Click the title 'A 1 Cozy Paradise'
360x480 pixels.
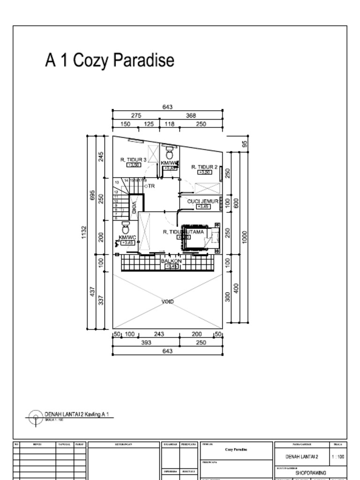110,60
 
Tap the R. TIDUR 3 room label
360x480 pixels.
134,160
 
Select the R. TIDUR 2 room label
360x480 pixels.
204,167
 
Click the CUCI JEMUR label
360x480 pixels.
203,201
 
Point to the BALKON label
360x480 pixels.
171,261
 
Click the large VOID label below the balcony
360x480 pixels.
168,301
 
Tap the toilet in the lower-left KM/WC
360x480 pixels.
126,229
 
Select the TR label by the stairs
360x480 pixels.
151,186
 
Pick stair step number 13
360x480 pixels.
116,181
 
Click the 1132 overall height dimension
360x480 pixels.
84,232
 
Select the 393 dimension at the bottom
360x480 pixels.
146,343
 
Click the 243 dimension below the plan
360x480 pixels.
159,334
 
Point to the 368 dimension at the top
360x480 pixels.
191,115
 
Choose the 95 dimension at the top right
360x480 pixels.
245,143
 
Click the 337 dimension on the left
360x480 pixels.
101,300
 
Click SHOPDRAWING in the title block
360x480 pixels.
310,473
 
